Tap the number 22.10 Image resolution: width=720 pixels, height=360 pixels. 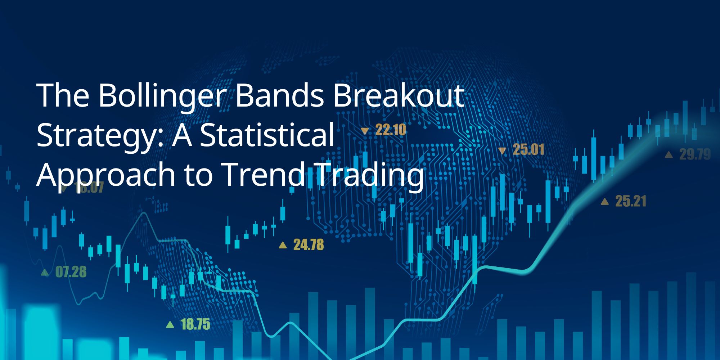point(391,130)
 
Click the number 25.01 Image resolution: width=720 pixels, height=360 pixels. point(528,150)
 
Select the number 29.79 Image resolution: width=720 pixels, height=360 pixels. point(695,155)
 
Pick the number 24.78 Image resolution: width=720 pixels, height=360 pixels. point(309,245)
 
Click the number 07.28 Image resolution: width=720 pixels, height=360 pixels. point(71,272)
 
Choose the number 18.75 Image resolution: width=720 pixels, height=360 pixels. point(195,324)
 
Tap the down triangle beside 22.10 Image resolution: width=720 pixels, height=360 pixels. point(365,131)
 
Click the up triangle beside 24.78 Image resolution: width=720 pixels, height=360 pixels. point(283,246)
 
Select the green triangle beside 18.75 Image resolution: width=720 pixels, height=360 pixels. point(170,325)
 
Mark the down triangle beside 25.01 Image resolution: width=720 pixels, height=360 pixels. point(502,151)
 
